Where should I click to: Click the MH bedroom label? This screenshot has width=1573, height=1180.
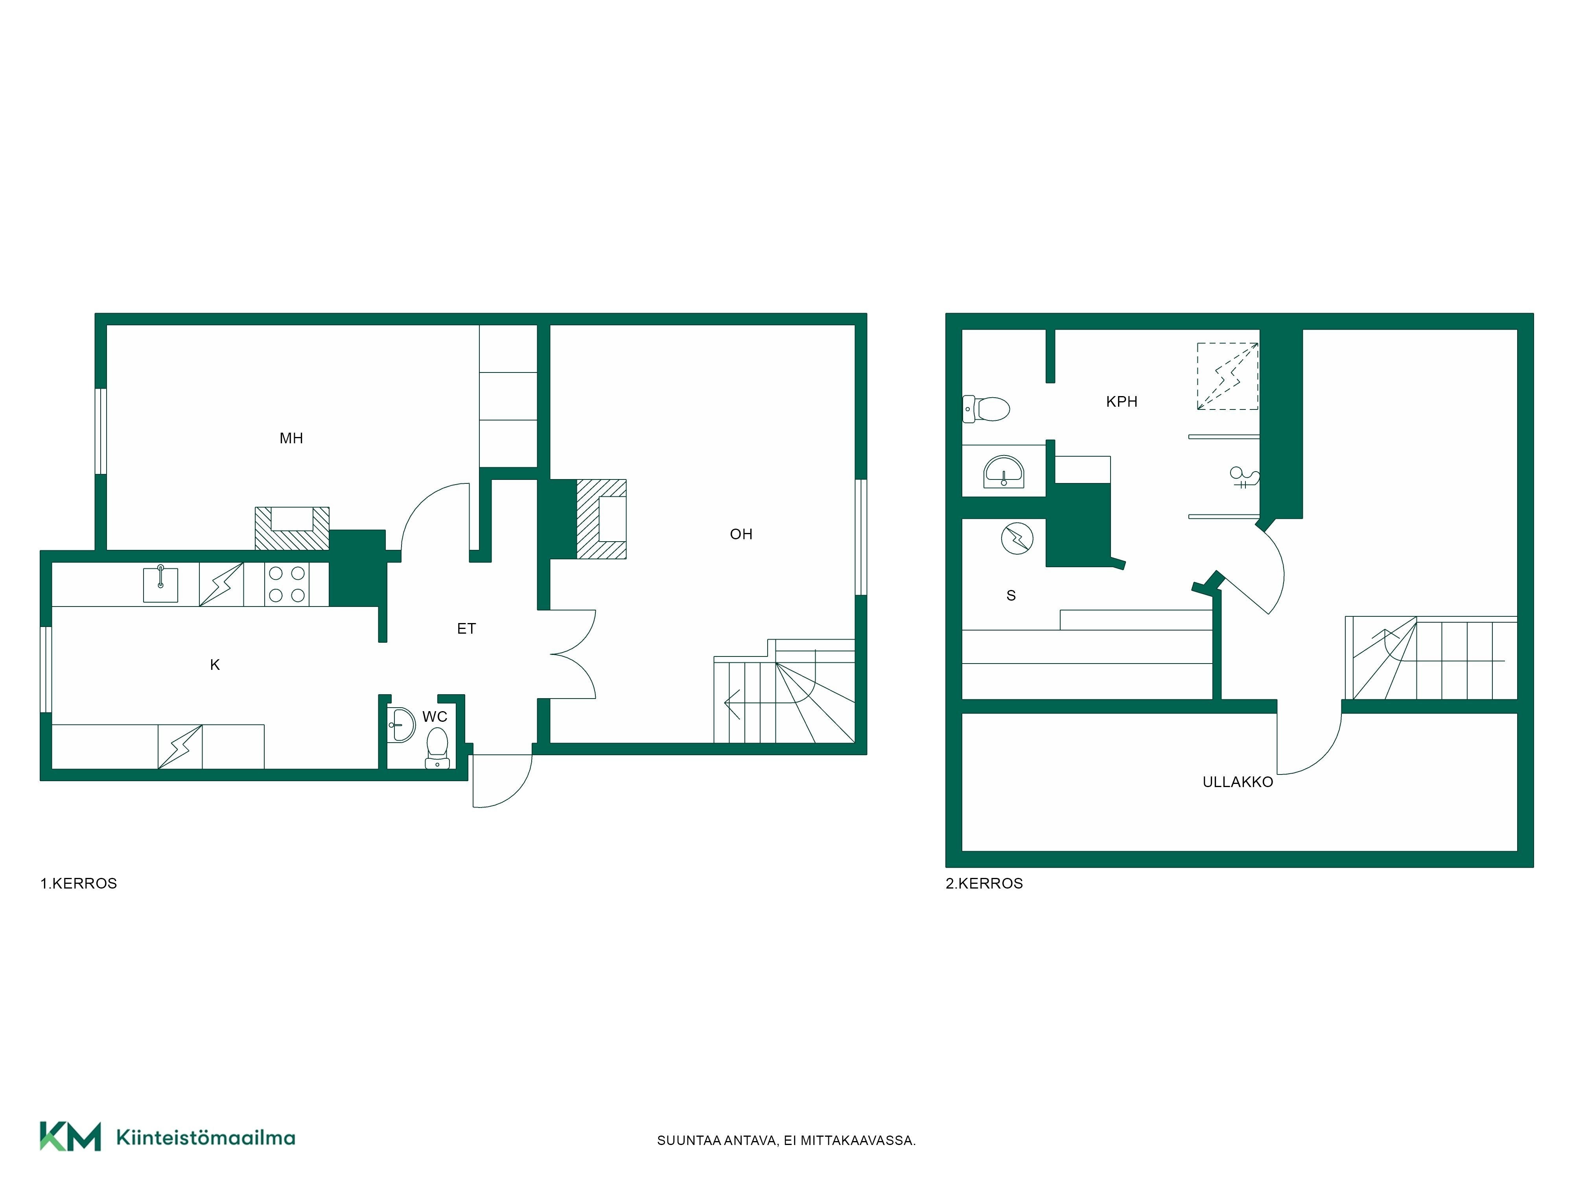tap(291, 438)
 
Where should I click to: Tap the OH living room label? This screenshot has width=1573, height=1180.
tap(741, 534)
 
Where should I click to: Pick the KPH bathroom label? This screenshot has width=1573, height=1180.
tap(1122, 402)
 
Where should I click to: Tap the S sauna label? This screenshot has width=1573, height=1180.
tap(1011, 596)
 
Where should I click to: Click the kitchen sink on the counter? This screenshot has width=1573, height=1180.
tap(161, 584)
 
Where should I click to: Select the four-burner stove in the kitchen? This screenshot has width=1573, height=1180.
tap(287, 584)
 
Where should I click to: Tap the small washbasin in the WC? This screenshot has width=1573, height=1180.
tap(401, 725)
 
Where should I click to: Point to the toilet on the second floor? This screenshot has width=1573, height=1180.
tap(986, 409)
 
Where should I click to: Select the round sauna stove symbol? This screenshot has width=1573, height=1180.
tap(1017, 538)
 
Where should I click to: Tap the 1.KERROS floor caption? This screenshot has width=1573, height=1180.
tap(78, 883)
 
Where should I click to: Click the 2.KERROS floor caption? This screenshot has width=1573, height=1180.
tap(984, 883)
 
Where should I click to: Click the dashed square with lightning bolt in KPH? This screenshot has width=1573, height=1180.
tap(1227, 376)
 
